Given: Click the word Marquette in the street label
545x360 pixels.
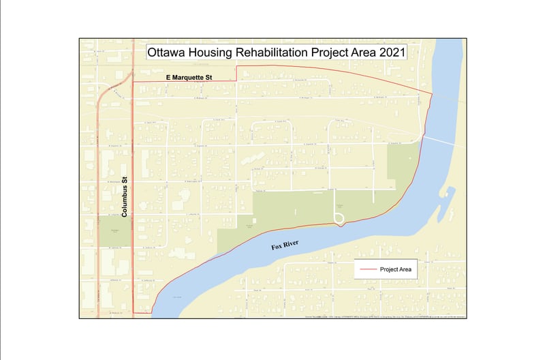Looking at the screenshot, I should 192,78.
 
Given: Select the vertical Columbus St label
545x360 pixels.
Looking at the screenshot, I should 125,197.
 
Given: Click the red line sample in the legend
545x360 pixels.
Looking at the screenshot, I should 368,269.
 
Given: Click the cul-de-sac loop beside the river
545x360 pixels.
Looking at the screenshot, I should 339,218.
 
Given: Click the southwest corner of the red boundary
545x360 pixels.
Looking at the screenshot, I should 133,312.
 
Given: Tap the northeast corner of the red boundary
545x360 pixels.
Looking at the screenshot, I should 433,93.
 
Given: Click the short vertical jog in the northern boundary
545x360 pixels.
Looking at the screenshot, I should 236,74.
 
